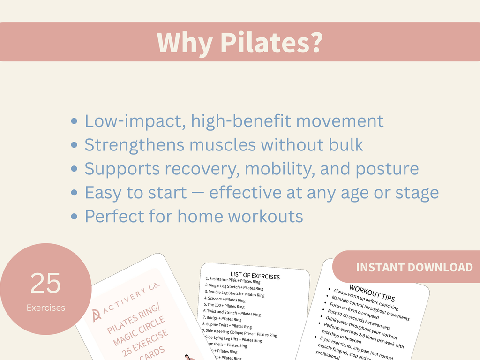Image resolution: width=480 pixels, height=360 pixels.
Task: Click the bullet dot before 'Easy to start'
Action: pos(74,193)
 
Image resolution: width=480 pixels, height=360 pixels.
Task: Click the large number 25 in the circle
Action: pos(45,283)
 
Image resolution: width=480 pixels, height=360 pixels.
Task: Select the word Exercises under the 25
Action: pos(45,308)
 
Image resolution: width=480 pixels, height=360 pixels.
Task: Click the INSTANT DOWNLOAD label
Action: pos(414,267)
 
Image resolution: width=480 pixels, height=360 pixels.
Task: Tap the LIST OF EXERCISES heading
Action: pos(255,276)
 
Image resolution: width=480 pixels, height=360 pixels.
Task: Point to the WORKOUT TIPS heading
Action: pos(372,292)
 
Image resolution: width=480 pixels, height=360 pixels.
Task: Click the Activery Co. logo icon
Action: pos(97,315)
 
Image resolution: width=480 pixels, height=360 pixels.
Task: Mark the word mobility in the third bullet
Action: pos(276,169)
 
